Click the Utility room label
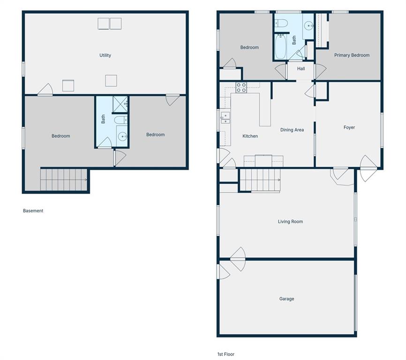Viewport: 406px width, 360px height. click(x=105, y=55)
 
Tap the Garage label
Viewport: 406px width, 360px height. click(x=286, y=299)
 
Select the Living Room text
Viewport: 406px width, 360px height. click(x=290, y=222)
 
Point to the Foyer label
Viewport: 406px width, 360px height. click(x=349, y=127)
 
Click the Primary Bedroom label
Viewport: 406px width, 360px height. click(x=352, y=55)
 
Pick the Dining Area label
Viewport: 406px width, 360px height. click(x=292, y=130)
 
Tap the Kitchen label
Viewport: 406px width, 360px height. click(x=250, y=136)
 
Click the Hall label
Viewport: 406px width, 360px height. click(x=301, y=68)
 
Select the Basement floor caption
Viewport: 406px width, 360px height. click(x=33, y=210)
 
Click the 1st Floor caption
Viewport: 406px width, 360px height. click(x=226, y=354)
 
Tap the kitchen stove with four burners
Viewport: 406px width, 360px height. click(x=241, y=88)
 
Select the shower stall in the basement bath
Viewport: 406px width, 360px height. click(x=120, y=105)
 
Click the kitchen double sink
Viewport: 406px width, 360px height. click(x=225, y=118)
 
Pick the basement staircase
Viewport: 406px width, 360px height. click(x=64, y=180)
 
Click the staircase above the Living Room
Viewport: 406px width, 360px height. click(x=260, y=180)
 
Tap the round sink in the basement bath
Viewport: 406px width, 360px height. click(x=122, y=136)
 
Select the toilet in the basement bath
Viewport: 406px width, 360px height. click(x=120, y=120)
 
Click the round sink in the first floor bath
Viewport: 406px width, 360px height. click(x=308, y=26)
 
